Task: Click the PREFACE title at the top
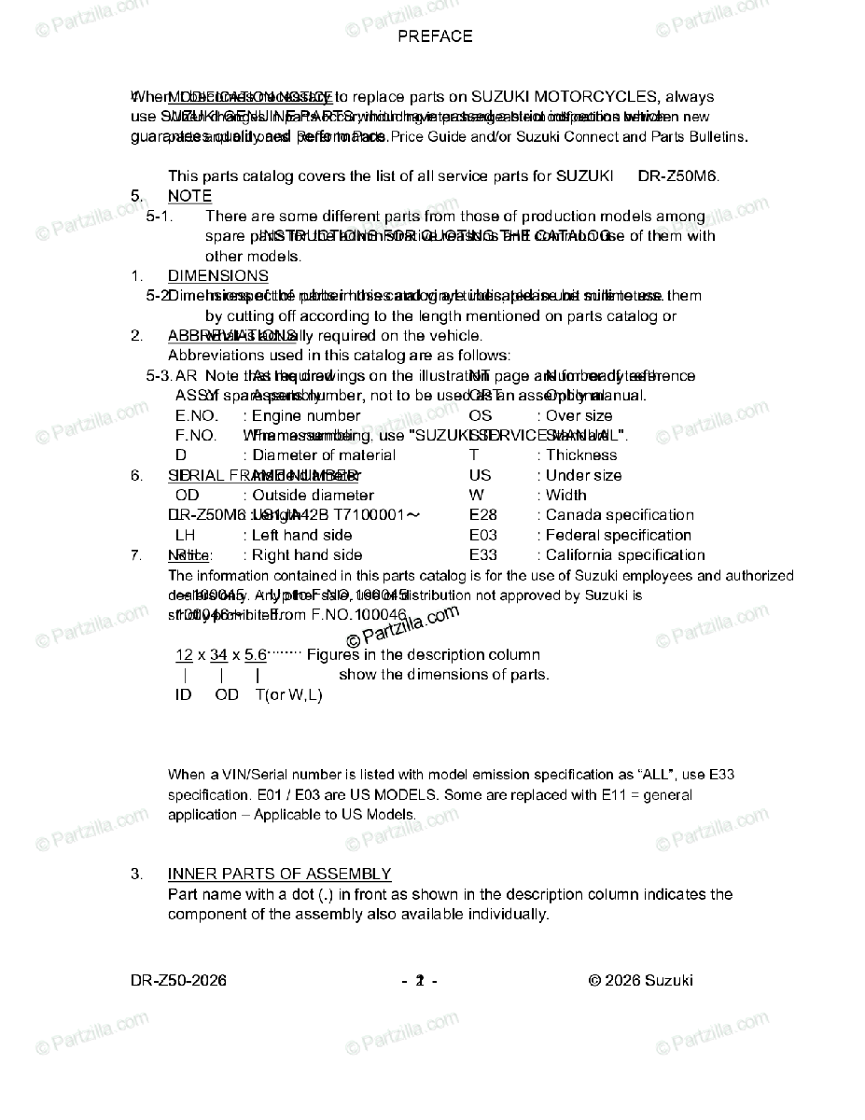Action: tap(435, 36)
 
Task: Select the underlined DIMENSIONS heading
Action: tap(217, 276)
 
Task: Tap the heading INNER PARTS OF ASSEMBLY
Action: tap(279, 874)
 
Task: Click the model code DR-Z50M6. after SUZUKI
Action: tap(678, 175)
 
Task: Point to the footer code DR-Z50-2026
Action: tap(178, 980)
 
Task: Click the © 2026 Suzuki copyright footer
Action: tap(640, 980)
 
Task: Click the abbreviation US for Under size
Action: tap(480, 476)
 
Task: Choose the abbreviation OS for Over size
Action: tap(480, 415)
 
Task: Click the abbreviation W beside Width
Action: tap(476, 496)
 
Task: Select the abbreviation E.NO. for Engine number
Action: tap(196, 415)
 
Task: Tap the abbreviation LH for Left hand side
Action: tap(185, 536)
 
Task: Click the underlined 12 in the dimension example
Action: tap(184, 655)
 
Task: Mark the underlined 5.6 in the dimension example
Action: tap(255, 655)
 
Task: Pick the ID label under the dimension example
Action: tap(183, 695)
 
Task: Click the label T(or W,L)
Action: tap(288, 695)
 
